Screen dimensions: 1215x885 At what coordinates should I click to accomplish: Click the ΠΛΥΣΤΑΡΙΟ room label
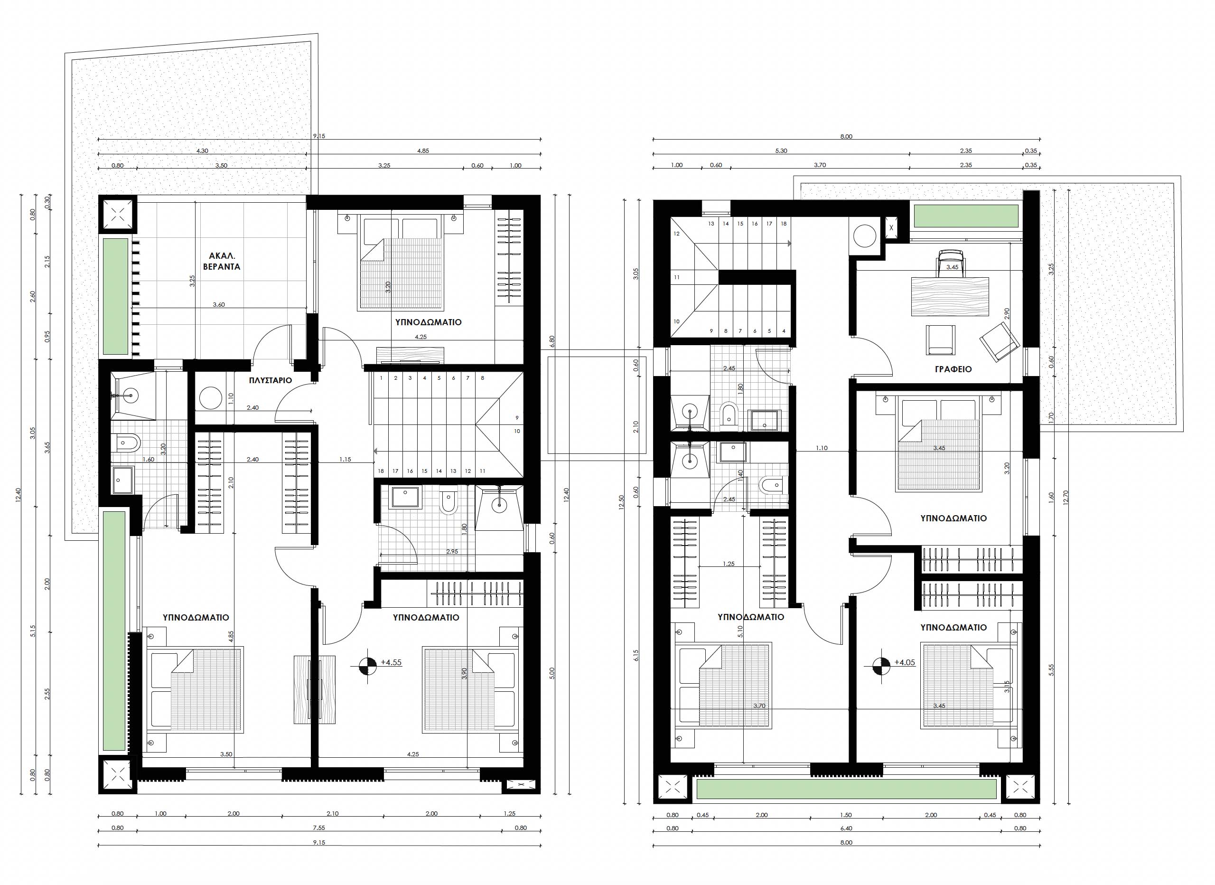(271, 381)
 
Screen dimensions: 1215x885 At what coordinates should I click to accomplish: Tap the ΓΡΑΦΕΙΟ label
(953, 369)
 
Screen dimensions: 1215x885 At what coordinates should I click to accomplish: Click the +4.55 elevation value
(391, 662)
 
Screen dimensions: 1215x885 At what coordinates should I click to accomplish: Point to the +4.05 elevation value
(905, 662)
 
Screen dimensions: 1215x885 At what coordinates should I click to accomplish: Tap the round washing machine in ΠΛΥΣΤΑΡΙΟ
(211, 399)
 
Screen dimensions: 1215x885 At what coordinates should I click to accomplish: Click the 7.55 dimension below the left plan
(319, 828)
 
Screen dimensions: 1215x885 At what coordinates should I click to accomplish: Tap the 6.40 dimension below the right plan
(846, 828)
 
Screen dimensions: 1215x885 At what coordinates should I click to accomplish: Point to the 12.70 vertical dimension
(1066, 498)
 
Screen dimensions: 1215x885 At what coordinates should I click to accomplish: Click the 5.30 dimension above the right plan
(781, 151)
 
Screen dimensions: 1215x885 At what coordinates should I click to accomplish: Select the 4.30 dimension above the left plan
(202, 151)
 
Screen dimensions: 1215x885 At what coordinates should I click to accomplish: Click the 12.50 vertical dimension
(621, 502)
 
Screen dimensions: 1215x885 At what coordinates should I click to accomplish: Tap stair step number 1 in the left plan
(381, 378)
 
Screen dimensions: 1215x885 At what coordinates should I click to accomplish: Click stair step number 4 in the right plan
(784, 331)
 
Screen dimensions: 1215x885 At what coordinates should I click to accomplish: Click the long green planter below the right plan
(846, 789)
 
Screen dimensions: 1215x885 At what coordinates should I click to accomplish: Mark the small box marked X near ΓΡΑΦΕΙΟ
(891, 228)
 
